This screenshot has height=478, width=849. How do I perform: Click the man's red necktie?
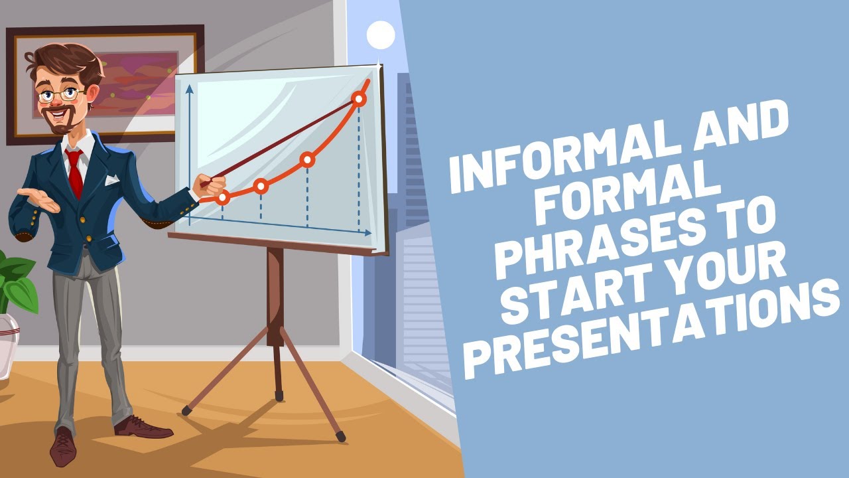[x=74, y=172]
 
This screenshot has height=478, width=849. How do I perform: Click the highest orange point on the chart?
[x=359, y=100]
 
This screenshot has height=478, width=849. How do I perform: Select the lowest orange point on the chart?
[x=223, y=197]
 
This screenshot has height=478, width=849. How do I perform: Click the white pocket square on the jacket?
[x=112, y=179]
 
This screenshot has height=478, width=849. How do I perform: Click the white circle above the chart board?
[x=381, y=35]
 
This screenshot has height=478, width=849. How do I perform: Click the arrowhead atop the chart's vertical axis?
[x=190, y=88]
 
